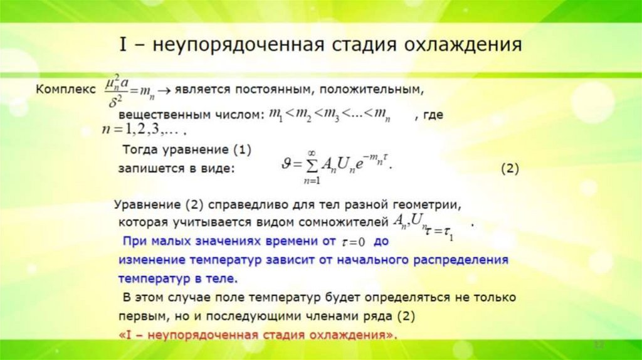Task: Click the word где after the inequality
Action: coord(434,115)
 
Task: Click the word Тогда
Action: coord(142,151)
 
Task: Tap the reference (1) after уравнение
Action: coord(241,151)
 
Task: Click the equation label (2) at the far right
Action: coord(510,169)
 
